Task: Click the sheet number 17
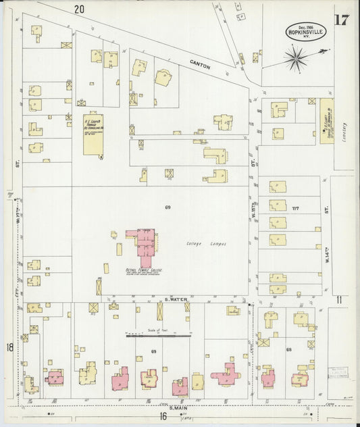tap(341, 18)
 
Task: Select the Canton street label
tap(201, 66)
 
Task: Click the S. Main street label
tap(178, 407)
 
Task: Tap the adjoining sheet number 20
tap(80, 9)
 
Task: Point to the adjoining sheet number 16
tap(163, 416)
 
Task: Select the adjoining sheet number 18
tap(10, 347)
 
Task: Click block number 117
tap(294, 209)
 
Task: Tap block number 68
tap(289, 349)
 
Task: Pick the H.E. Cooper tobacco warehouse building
tap(93, 134)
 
